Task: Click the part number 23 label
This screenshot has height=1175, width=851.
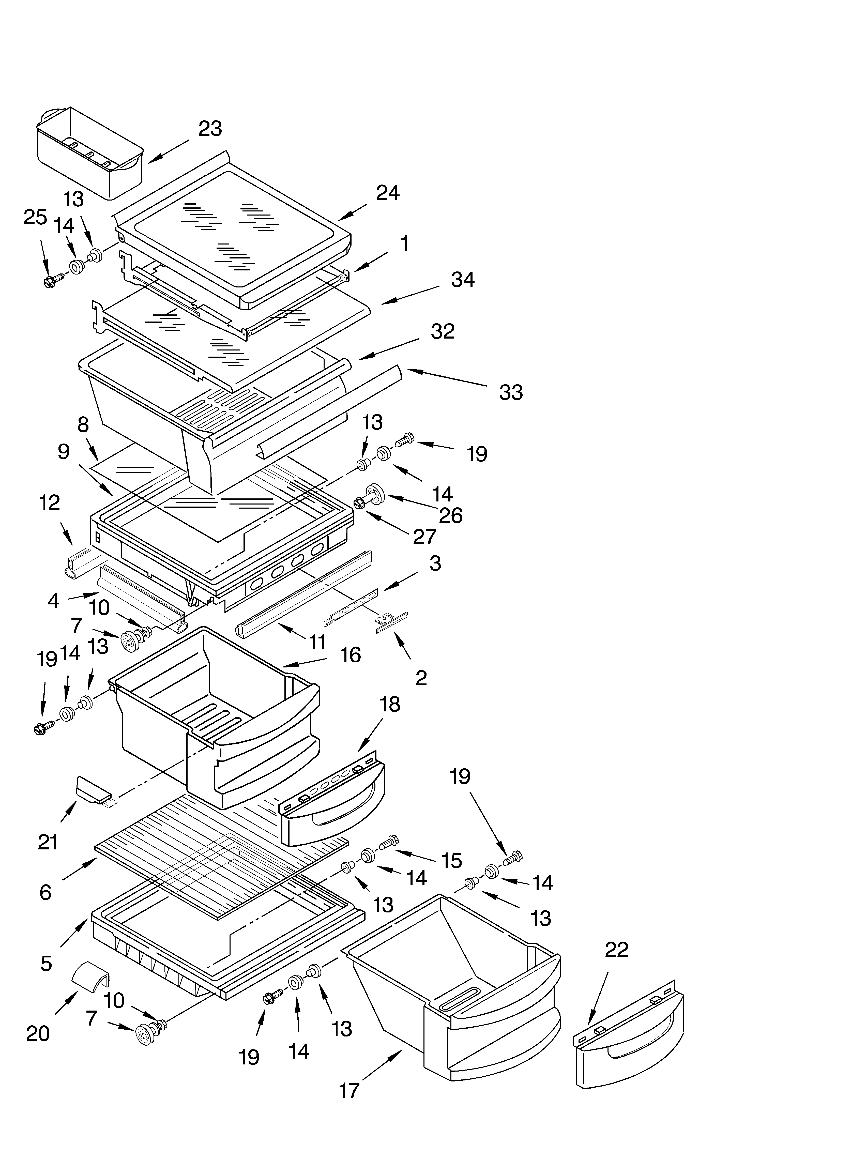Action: (x=210, y=129)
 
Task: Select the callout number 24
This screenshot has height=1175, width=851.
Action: (x=388, y=193)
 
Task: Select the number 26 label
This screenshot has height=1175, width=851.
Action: (x=450, y=515)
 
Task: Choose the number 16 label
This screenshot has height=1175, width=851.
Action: (x=350, y=655)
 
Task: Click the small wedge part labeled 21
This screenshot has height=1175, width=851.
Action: (x=93, y=790)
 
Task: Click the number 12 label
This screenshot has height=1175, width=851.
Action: (x=50, y=502)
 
